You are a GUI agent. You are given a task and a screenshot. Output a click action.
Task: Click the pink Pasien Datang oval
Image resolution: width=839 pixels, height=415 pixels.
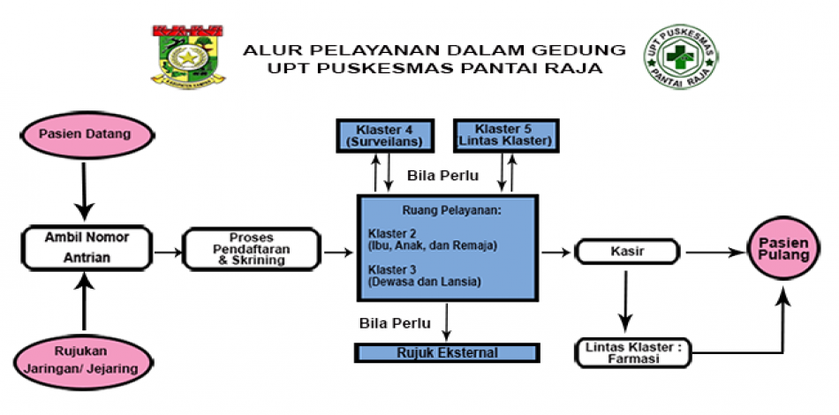coord(85,134)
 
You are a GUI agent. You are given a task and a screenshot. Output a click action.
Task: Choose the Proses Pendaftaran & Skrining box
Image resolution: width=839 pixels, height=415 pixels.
coord(251,250)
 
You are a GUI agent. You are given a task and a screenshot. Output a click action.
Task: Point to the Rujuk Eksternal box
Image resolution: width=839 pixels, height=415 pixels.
coord(446,353)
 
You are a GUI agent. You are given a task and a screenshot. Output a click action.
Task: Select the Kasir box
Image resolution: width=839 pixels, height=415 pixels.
coord(628,252)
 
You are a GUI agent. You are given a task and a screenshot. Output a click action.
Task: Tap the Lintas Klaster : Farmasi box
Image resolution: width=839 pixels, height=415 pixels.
coord(634,353)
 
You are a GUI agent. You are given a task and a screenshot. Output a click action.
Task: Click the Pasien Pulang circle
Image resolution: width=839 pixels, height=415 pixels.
coord(782,247)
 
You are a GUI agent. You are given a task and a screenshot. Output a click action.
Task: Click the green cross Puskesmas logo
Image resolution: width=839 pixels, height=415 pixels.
coord(681,55)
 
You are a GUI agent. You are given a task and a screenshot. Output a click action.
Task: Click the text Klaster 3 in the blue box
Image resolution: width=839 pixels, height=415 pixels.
coord(388,268)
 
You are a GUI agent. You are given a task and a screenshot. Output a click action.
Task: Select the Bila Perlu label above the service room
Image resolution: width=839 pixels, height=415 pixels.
coord(442,176)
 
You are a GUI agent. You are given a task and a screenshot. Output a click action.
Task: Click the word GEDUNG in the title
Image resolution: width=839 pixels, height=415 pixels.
coord(584,49)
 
